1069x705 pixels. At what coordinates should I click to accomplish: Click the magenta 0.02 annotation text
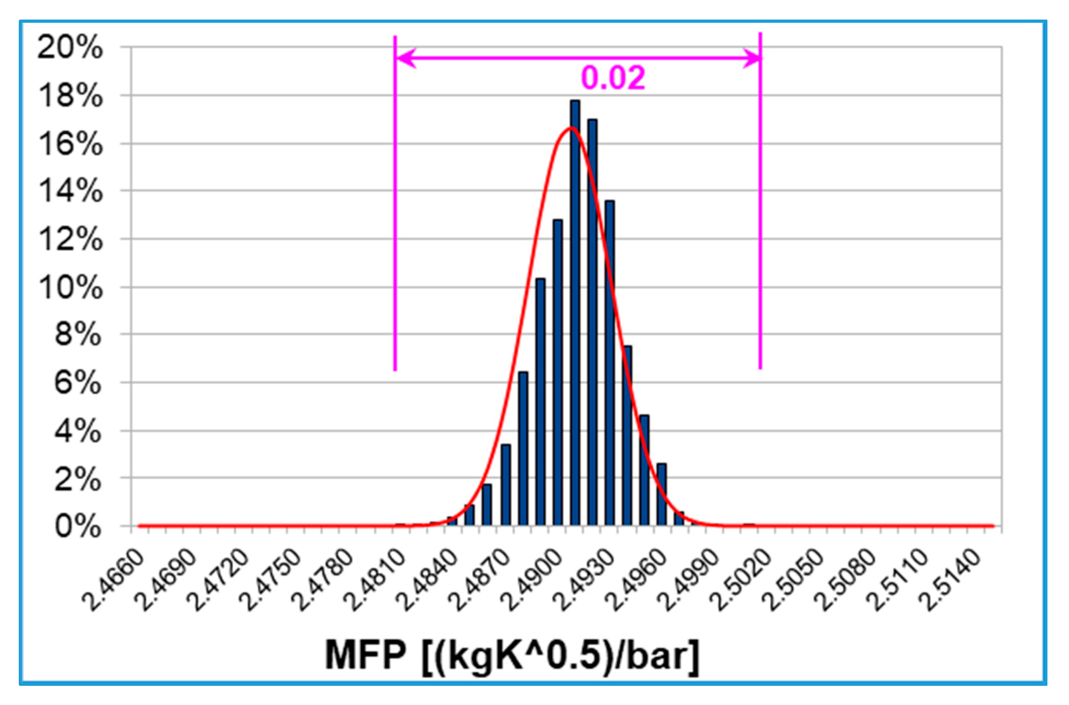coord(613,78)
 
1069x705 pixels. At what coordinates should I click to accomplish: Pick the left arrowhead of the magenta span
coord(405,58)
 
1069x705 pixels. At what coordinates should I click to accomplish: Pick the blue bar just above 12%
coord(557,373)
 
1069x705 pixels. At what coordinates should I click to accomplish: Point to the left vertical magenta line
coord(395,225)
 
